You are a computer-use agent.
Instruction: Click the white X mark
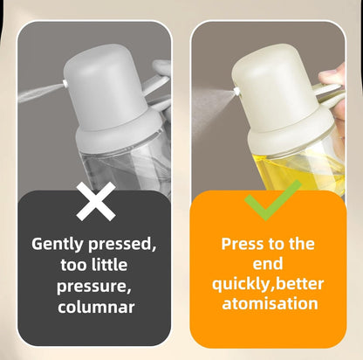(96, 201)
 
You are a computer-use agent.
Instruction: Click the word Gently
(58, 244)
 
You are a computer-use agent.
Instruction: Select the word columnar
(96, 307)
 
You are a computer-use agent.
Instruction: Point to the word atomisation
(270, 303)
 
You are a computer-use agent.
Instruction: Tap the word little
(110, 265)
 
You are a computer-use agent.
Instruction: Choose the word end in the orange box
(268, 264)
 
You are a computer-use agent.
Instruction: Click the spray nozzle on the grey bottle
(65, 84)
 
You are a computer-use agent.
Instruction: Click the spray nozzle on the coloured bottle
(237, 91)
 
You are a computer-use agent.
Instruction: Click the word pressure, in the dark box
(93, 287)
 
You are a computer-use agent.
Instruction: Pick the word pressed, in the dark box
(122, 244)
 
